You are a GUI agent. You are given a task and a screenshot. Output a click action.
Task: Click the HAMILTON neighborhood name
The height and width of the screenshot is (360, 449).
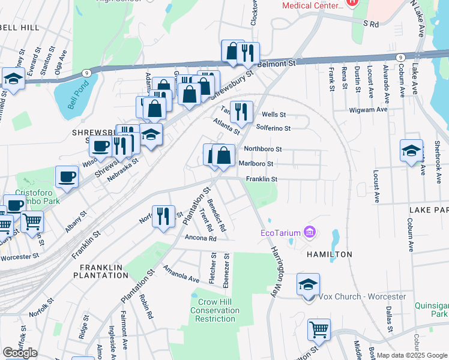[329, 254]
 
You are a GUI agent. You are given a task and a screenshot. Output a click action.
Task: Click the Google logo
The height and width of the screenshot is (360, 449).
[20, 353]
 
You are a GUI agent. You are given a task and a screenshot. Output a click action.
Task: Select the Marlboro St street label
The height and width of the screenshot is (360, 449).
[256, 163]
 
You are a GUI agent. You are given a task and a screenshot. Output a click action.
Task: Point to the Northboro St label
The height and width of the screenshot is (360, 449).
[262, 149]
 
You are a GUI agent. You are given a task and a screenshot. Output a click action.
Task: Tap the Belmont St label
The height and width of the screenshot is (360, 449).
[278, 62]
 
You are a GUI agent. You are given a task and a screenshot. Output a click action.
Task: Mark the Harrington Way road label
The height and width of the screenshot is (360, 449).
[277, 264]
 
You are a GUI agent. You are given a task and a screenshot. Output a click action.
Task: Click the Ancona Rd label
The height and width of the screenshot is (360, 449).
[200, 238]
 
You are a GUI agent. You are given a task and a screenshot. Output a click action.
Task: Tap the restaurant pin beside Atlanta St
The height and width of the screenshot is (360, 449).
[241, 110]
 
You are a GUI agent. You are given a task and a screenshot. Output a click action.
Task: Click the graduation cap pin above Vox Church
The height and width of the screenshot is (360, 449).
[308, 284]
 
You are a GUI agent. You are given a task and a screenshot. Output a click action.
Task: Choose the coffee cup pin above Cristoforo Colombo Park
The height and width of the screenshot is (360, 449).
[67, 176]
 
